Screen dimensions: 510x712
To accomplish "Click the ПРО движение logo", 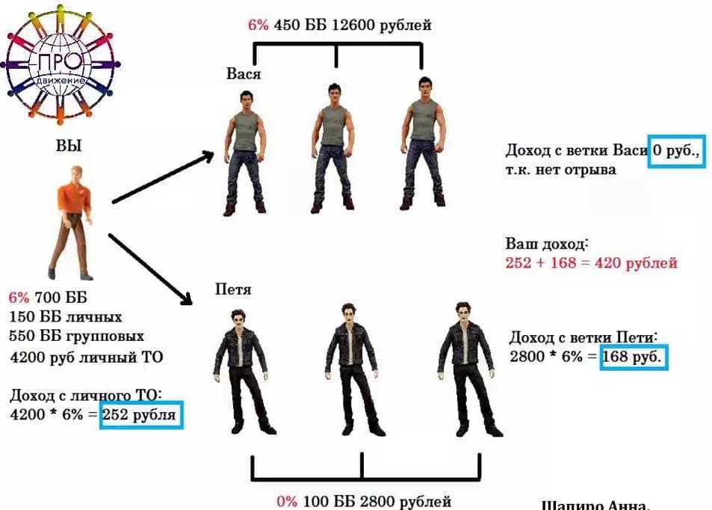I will (x=63, y=64).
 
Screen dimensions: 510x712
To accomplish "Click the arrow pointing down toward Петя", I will (x=150, y=268).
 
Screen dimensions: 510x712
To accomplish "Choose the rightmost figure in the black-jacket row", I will (x=466, y=366).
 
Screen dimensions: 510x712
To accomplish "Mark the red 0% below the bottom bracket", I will (x=287, y=501).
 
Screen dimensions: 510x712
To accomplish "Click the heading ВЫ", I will (x=68, y=147).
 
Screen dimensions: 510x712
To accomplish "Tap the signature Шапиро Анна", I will (x=595, y=505).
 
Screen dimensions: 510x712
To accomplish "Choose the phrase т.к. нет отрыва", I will (x=561, y=170).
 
